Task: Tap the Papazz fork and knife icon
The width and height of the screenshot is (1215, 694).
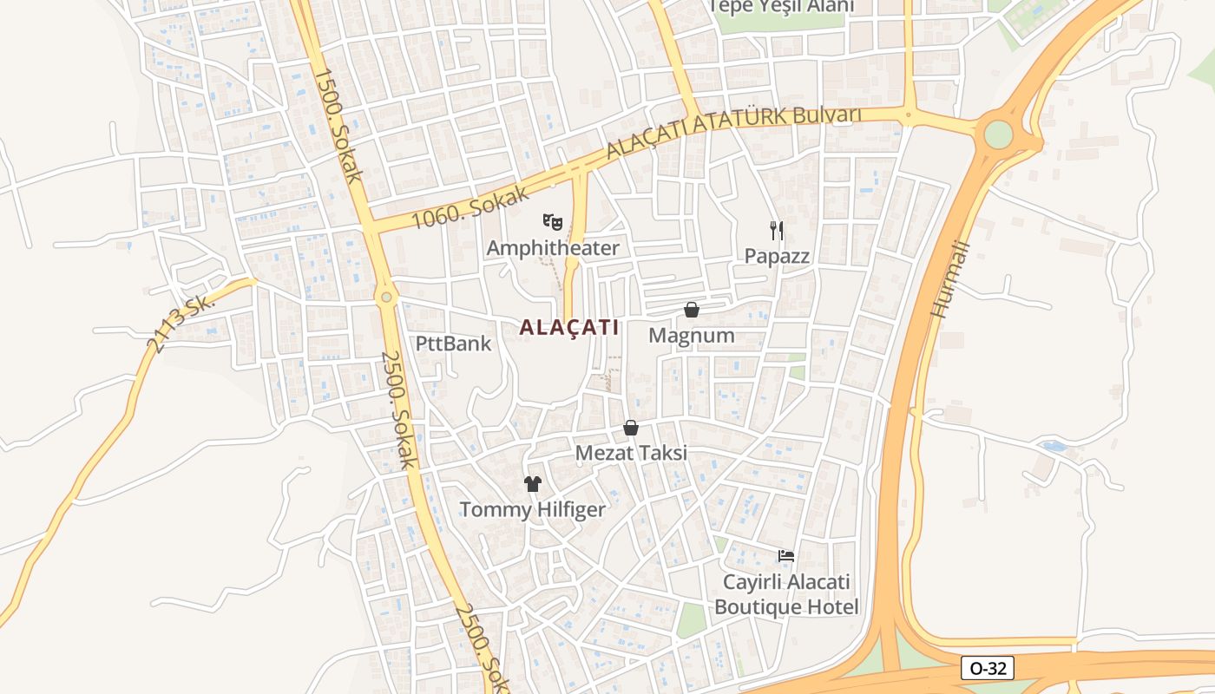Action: [x=777, y=230]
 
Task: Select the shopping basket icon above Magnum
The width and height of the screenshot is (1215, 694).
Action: [x=692, y=310]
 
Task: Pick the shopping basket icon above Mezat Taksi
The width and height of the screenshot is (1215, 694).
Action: [x=631, y=428]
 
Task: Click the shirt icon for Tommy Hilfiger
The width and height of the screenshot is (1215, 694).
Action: [x=532, y=484]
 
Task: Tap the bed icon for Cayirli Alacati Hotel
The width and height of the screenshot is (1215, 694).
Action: [x=786, y=555]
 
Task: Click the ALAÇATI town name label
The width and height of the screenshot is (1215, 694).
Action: [x=569, y=328]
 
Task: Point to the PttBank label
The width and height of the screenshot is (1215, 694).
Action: [x=453, y=344]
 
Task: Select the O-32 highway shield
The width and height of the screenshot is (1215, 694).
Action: [x=988, y=668]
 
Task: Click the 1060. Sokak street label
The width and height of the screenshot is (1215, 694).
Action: [x=470, y=206]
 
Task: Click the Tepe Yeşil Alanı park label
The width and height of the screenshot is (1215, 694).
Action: [x=781, y=6]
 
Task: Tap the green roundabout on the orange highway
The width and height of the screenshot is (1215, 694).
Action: [x=999, y=134]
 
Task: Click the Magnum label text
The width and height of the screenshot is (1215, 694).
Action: [x=692, y=336]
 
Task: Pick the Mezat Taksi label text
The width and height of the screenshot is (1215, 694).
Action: [x=631, y=453]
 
